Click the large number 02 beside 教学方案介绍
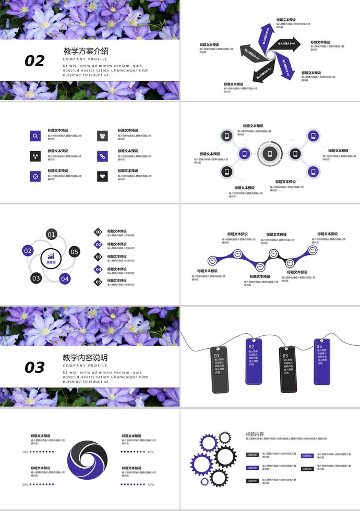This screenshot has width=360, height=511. [x=34, y=61]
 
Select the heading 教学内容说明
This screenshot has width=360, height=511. [x=85, y=358]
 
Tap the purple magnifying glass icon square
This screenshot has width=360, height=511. [x=35, y=136]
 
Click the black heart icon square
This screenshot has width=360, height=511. [x=102, y=176]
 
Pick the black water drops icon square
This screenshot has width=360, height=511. [x=35, y=156]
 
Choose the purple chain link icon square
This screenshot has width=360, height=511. [x=102, y=156]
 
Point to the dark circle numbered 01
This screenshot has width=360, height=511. [x=51, y=235]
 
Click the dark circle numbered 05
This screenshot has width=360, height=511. [x=75, y=252]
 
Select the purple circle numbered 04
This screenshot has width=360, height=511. [x=65, y=279]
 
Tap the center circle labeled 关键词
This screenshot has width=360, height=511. [x=51, y=258]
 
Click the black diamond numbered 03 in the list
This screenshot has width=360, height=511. [x=98, y=257]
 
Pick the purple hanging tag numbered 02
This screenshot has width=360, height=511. [x=254, y=361]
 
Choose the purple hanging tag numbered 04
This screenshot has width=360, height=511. [x=321, y=361]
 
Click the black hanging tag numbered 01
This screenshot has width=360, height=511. [x=220, y=369]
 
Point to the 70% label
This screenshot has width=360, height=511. [x=25, y=452]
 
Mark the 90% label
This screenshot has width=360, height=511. [x=151, y=485]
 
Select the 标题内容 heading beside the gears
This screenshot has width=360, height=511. [x=255, y=434]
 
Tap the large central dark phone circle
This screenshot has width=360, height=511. [x=269, y=154]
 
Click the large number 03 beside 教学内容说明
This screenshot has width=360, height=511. [x=34, y=368]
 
